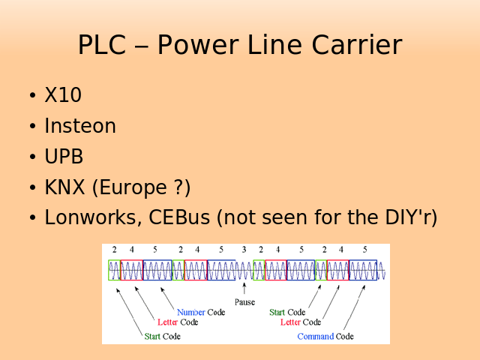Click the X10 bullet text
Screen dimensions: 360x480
pos(63,96)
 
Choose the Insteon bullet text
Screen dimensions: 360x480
pos(80,127)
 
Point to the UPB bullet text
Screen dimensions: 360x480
pos(64,157)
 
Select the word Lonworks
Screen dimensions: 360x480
pos(91,218)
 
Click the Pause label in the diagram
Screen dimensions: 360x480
pos(244,302)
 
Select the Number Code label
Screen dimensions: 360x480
pos(200,313)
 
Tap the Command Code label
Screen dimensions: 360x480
pos(325,337)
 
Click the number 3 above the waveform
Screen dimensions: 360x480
pos(244,250)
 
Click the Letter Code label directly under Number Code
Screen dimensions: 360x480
pos(178,322)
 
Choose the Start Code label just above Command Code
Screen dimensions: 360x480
pos(287,313)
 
